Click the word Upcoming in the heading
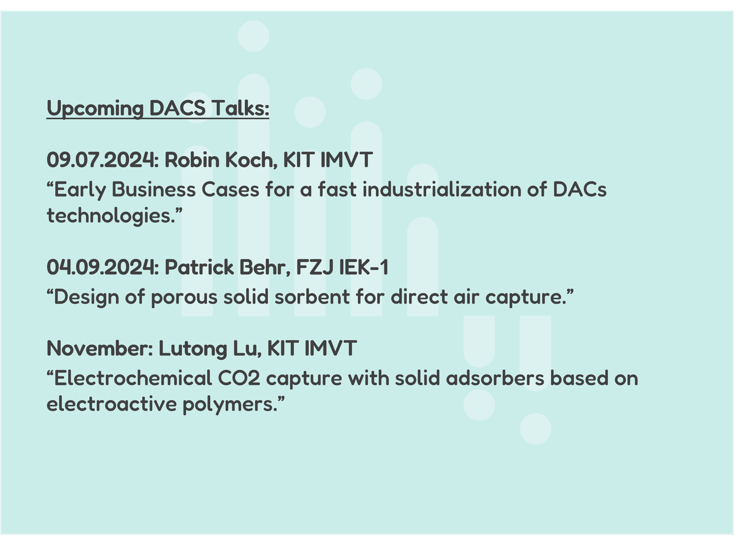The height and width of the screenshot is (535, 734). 95,108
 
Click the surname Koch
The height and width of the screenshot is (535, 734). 251,160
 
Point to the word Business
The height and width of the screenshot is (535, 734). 154,189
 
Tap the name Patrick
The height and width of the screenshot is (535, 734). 199,267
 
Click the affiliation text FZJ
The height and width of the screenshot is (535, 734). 315,267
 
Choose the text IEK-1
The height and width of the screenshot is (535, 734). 363,267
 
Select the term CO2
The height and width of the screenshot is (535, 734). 239,378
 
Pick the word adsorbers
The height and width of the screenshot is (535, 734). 495,378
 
